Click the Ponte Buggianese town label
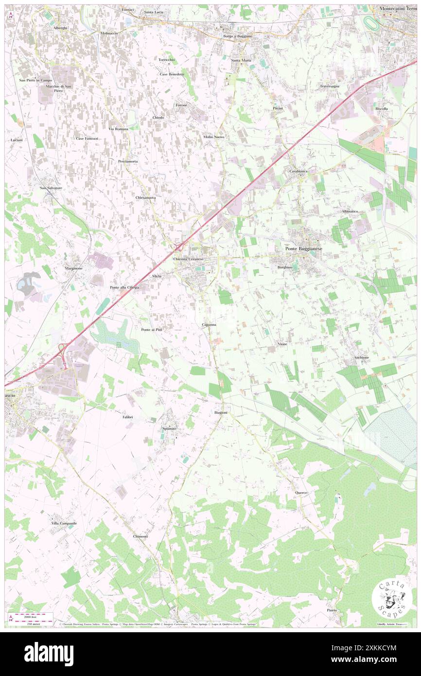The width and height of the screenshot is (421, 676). coord(306,249)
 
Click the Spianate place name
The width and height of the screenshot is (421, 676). coord(169,428)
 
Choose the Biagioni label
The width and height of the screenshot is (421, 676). coord(221,412)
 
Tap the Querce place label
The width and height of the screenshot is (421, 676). coord(301,493)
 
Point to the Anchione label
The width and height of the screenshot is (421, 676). coord(361,357)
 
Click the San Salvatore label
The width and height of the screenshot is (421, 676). coord(51,188)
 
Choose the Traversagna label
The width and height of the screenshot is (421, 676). coord(330,86)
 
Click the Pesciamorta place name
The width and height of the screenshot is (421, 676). coord(127,161)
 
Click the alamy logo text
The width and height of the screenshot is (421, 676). coord(49,653)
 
